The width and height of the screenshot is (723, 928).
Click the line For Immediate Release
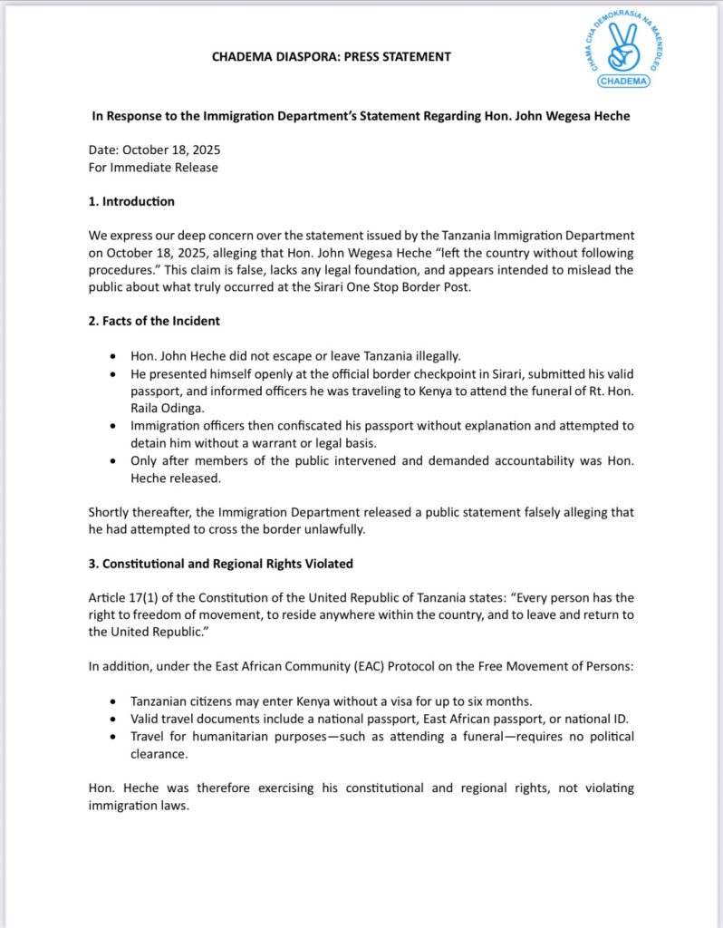tap(153, 168)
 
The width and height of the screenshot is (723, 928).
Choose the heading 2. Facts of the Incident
tap(154, 321)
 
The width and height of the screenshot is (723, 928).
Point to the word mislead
tap(579, 269)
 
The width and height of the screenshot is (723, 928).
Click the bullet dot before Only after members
tap(111, 460)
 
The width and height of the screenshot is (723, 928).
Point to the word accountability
tap(520, 459)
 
